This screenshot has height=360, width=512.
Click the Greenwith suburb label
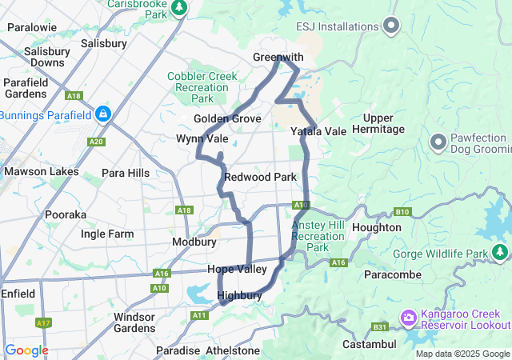pos(278,58)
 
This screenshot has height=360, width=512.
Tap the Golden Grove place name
pos(227,118)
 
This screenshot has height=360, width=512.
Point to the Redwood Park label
pos(261,177)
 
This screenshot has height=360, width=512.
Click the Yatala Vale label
pos(318,130)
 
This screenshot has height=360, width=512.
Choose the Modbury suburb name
pos(194,242)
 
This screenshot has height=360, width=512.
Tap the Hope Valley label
pos(237,270)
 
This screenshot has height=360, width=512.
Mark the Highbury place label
pos(240,295)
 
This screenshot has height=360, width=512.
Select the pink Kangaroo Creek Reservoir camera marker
pos(409,318)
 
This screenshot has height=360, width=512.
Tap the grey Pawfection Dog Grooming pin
pos(438,142)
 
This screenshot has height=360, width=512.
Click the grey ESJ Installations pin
pos(391,26)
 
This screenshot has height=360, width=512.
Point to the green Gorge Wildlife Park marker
pos(501,254)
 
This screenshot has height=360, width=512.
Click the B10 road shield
pos(402,212)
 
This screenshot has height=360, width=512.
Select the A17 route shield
pos(42,322)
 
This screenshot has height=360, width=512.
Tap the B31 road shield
pos(379,326)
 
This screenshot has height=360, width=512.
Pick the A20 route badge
pos(97,142)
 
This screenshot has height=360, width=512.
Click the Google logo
pos(26,350)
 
